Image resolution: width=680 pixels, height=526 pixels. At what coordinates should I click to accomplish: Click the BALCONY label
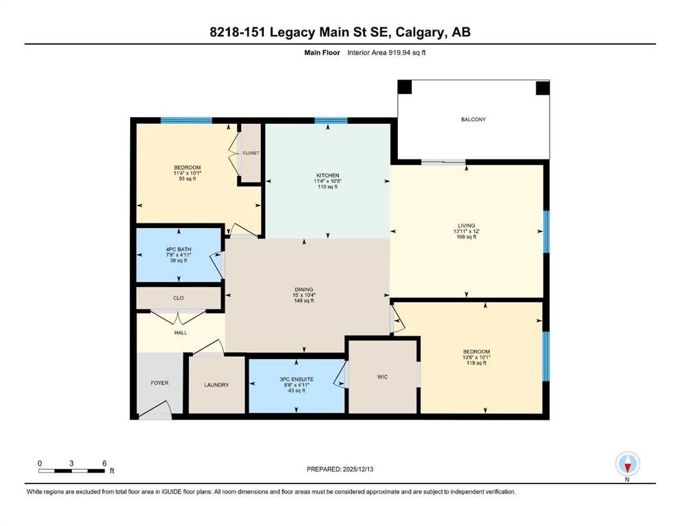coord(473,119)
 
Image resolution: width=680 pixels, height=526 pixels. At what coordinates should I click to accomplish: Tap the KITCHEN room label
coord(327,175)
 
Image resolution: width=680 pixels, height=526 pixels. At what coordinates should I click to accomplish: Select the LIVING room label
coord(466,225)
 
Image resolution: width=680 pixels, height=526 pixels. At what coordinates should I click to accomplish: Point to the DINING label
coord(303,289)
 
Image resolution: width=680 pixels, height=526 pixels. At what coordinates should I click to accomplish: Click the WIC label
coord(382,377)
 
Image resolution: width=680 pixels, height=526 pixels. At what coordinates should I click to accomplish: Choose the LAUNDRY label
coord(216,385)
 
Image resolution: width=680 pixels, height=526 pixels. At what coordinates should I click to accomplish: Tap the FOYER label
coord(160,383)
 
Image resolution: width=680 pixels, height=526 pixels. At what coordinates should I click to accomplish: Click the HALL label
coord(180,333)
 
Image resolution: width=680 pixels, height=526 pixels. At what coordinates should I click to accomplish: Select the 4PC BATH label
coord(179,249)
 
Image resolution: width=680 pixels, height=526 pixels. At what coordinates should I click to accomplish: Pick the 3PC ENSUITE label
coord(297,379)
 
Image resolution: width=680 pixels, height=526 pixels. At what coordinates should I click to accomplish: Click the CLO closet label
coord(178,298)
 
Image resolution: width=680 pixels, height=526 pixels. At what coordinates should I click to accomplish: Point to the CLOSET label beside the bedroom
coord(251,153)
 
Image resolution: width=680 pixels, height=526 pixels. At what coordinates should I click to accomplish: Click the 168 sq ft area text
coord(466,237)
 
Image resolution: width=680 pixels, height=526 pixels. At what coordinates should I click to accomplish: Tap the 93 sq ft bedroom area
coord(188,178)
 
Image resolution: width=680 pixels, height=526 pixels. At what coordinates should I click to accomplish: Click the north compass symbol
coord(627,464)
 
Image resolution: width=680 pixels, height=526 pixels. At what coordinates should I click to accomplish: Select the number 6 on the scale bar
coord(105,463)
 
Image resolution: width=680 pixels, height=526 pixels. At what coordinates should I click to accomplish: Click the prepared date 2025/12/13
coord(358,469)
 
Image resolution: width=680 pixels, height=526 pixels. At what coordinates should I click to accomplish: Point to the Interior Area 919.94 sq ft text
coord(386,53)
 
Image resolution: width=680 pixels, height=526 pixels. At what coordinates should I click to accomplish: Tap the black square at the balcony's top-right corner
coord(542,88)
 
